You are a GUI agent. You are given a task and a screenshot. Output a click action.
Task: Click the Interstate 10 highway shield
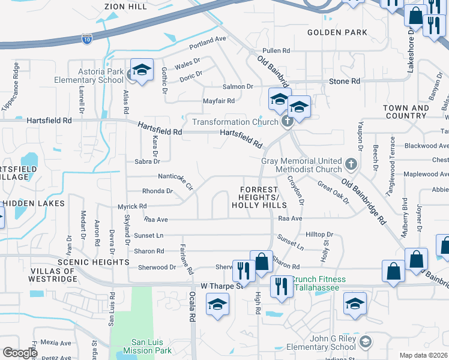(87, 39)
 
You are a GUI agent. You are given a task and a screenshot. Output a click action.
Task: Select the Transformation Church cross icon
(288, 122)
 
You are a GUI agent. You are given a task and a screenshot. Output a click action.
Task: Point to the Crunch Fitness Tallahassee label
(319, 283)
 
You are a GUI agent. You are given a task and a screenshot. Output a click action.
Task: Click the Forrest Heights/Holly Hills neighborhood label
(259, 197)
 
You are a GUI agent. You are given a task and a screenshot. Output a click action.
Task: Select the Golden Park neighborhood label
(333, 32)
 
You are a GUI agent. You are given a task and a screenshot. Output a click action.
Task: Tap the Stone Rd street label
(344, 81)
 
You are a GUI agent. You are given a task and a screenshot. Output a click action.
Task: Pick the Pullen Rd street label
(277, 51)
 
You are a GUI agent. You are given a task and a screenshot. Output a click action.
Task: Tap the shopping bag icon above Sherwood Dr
(261, 262)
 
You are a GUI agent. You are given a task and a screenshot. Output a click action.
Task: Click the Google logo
(19, 353)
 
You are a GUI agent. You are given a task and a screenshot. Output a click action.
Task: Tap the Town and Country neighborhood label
(406, 112)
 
